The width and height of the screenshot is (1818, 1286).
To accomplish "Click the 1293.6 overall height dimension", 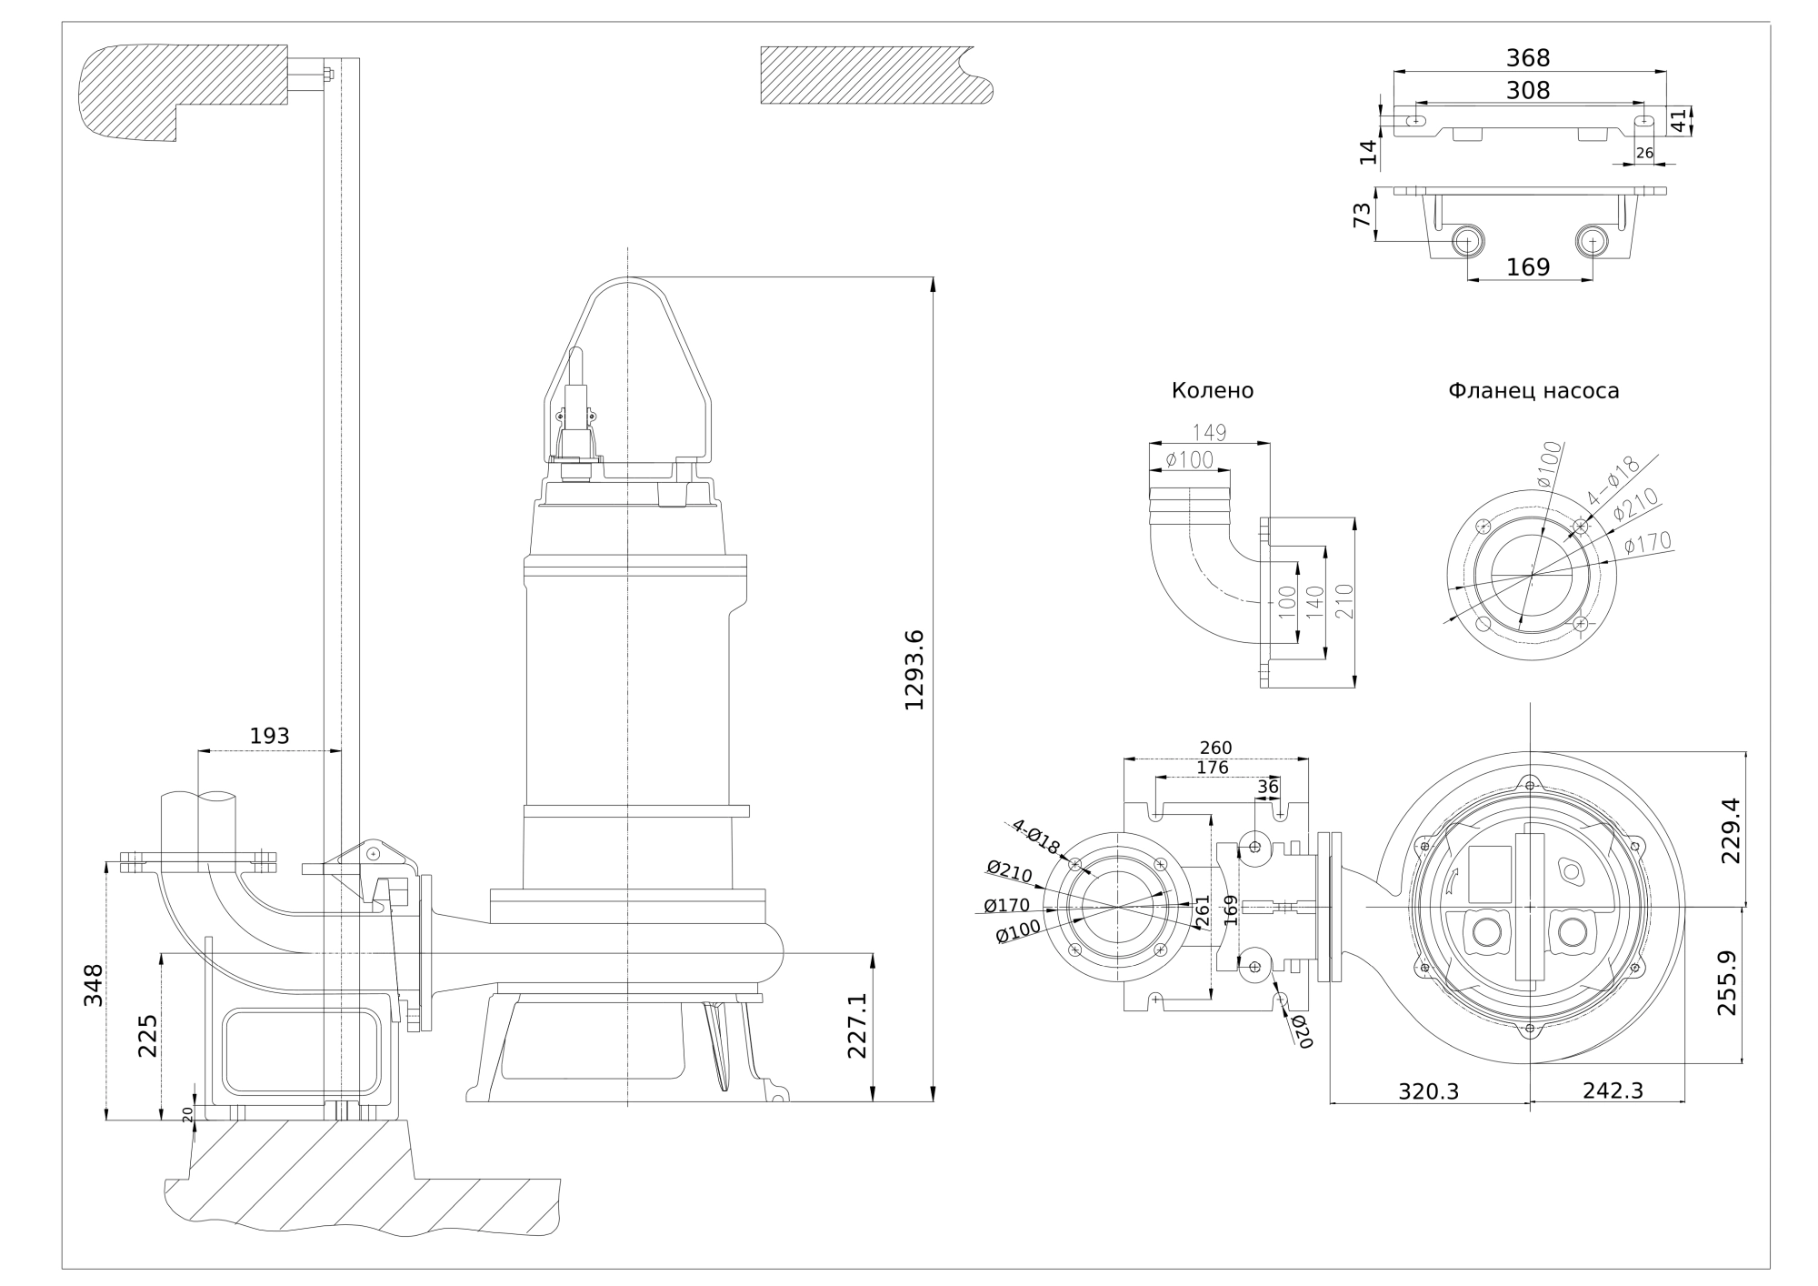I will (914, 669).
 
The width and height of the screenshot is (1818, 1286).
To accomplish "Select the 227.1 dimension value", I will (858, 1025).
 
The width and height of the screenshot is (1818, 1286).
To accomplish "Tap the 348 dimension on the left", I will (94, 984).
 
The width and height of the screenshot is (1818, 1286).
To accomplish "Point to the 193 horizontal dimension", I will (269, 736).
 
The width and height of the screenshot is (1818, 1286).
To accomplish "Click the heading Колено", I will (1212, 391).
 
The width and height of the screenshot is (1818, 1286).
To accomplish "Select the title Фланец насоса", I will (1533, 391).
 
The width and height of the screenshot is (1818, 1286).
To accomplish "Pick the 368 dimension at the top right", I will (1528, 58).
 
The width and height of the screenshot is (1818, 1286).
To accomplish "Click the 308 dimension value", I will (1528, 90).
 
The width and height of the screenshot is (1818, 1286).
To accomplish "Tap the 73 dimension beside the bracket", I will (1362, 216).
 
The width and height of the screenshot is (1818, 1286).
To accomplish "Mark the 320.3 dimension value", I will (1428, 1090).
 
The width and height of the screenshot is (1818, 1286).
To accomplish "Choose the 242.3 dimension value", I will (1613, 1090).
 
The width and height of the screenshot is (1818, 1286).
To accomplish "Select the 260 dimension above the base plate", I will (1215, 748).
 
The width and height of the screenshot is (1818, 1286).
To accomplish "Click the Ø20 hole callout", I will (1302, 1032).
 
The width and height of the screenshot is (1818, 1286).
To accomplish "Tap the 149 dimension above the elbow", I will (1209, 433).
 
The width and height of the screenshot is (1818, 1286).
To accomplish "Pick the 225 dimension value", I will (147, 1036).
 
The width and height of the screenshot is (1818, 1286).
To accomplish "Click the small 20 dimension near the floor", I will (188, 1115).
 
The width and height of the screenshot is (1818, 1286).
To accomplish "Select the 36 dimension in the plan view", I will (1267, 786).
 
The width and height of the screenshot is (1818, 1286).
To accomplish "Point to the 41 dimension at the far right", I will (1679, 120).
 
